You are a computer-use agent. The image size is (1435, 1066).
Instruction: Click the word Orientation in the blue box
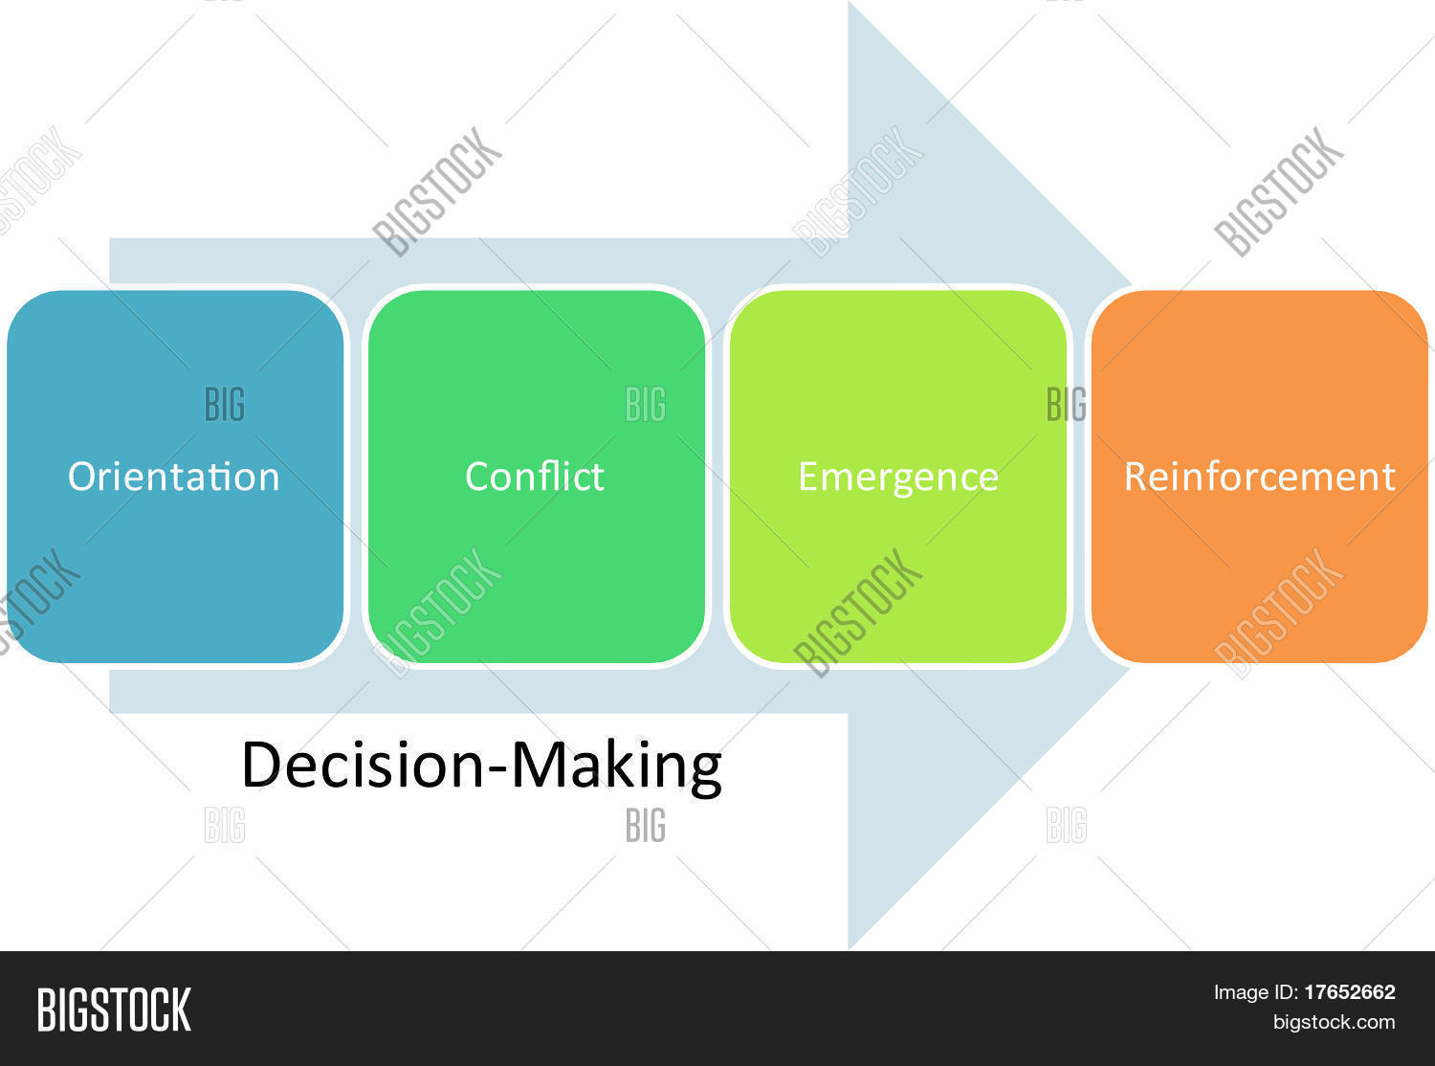[173, 477]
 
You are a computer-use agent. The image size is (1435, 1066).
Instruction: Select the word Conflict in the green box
[534, 477]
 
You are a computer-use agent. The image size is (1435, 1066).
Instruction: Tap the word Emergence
[897, 477]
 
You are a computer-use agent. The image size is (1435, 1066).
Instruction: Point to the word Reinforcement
[1259, 477]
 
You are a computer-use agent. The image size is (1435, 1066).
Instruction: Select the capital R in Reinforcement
[1136, 477]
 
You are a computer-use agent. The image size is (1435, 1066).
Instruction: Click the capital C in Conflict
[476, 477]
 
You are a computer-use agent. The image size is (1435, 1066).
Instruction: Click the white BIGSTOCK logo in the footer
[114, 1010]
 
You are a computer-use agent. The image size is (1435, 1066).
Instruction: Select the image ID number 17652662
[1349, 992]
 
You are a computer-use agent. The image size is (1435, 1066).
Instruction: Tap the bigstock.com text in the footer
[1334, 1022]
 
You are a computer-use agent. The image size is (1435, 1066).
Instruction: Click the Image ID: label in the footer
[1255, 992]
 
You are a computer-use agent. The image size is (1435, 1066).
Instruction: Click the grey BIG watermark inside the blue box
[225, 405]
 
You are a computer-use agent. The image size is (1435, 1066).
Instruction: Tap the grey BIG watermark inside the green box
[646, 405]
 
